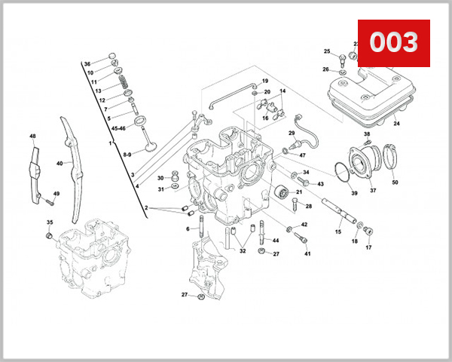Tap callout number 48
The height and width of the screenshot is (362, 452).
(32, 137)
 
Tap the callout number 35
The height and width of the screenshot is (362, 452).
(50, 222)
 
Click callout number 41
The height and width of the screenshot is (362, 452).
(307, 254)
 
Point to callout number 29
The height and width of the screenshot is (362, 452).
(292, 133)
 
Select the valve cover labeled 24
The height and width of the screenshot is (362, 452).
(369, 94)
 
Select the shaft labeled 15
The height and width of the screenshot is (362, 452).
(339, 210)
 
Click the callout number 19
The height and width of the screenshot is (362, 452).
(265, 81)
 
